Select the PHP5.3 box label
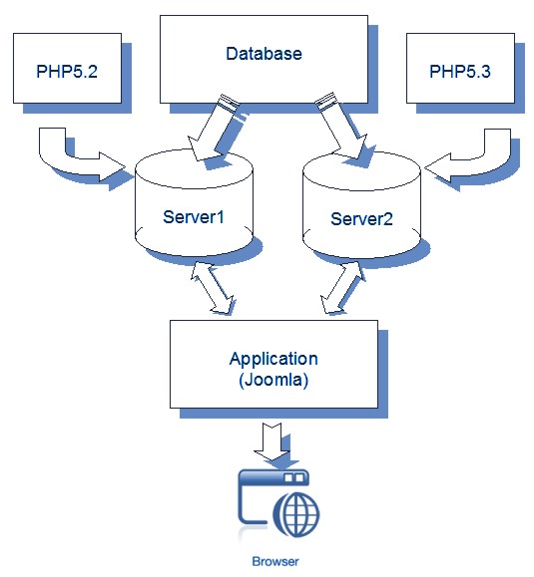(x=460, y=71)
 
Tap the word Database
(x=264, y=53)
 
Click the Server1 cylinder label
(x=191, y=216)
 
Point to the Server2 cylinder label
(x=360, y=218)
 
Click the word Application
(x=273, y=359)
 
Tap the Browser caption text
(x=274, y=561)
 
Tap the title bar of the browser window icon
(x=269, y=479)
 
